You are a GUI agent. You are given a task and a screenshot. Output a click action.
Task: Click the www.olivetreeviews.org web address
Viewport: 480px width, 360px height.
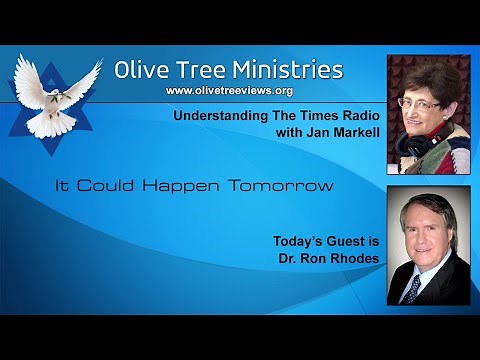[228, 91]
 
